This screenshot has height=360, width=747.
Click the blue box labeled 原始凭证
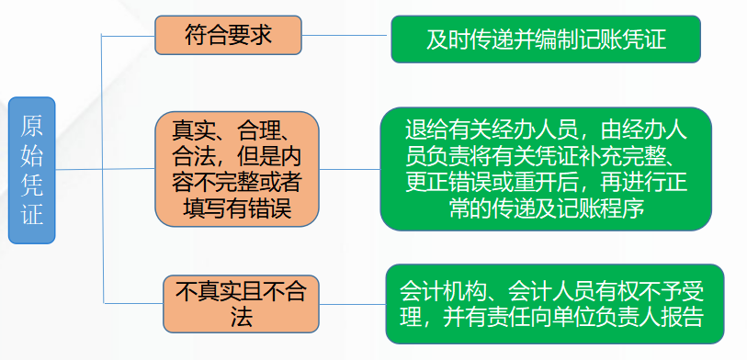pyautogui.click(x=32, y=171)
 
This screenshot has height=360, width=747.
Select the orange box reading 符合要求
pyautogui.click(x=227, y=37)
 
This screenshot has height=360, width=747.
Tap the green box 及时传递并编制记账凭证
pyautogui.click(x=546, y=39)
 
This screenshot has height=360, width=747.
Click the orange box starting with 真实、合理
pyautogui.click(x=237, y=169)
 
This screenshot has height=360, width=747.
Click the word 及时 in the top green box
pyautogui.click(x=447, y=39)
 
